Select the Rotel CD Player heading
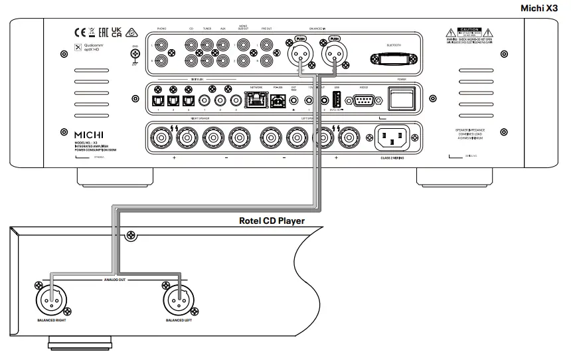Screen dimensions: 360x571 [272, 221]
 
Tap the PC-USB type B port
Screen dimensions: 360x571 [276, 100]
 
